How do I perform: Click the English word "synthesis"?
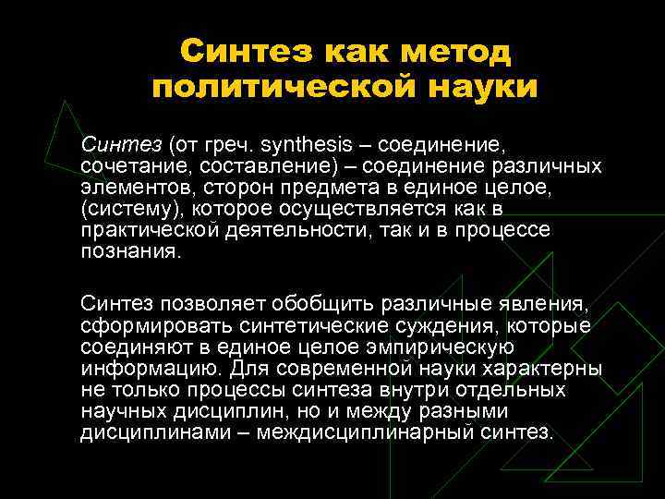307,145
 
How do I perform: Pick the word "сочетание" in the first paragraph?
124,166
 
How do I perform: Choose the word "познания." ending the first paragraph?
127,252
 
